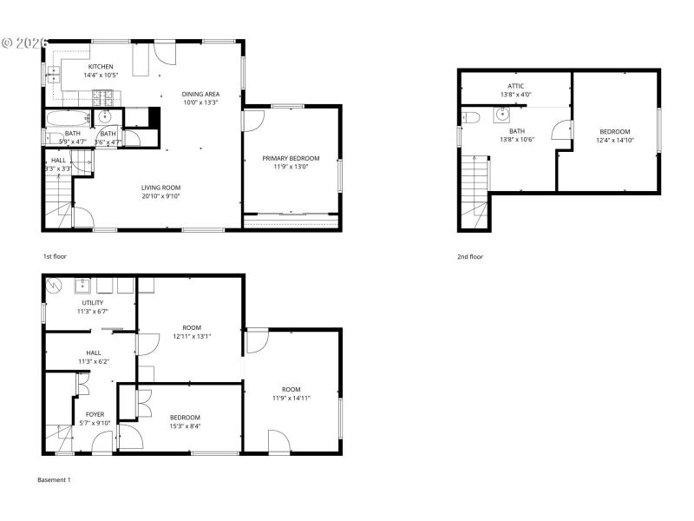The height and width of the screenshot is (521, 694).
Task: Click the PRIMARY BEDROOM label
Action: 291,158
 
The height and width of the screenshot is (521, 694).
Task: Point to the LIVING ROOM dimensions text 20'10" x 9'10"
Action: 160,196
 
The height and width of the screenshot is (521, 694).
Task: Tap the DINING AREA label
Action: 200,94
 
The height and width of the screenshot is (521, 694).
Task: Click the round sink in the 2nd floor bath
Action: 503,114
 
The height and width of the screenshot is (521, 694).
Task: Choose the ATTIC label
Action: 516,86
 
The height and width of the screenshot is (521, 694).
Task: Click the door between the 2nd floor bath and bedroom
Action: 561,129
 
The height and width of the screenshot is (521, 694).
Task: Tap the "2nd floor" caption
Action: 470,257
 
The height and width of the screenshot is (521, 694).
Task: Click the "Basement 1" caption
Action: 54,479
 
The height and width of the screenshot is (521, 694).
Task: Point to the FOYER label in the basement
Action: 95,414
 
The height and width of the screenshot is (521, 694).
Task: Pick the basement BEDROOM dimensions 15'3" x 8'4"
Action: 185,425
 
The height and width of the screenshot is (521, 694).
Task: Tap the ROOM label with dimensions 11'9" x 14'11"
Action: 291,389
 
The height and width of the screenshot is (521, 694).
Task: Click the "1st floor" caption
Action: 55,257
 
